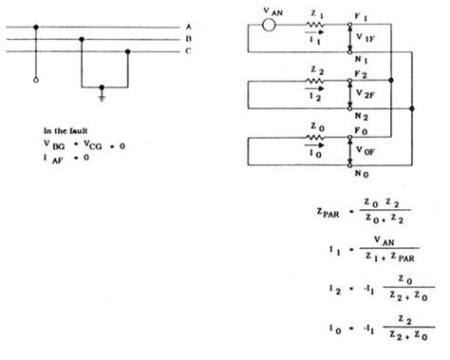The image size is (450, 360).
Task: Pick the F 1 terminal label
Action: click(x=358, y=13)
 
